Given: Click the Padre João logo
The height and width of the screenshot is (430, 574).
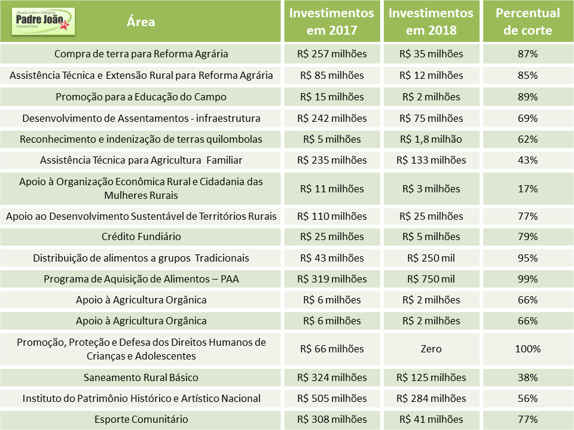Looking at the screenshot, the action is click(43, 21).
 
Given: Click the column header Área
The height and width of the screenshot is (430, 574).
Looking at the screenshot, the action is click(141, 22).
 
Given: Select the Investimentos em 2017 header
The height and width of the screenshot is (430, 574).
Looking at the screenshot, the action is click(332, 21).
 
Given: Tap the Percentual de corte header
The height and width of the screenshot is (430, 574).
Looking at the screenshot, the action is click(527, 21).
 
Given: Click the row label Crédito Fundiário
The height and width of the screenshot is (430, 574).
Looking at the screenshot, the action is click(141, 236).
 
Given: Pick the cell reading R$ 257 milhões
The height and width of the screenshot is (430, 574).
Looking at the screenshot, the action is click(332, 54).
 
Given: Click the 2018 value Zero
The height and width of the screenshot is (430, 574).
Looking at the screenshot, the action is click(431, 349).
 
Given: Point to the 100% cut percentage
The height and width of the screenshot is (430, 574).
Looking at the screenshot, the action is click(527, 349).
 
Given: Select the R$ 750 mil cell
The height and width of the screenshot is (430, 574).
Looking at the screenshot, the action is click(431, 279).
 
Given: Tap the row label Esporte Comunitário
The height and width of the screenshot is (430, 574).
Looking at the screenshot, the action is click(141, 419).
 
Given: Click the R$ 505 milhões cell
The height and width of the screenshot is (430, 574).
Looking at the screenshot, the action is click(332, 398).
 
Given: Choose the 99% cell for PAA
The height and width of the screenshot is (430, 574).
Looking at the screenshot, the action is click(527, 279).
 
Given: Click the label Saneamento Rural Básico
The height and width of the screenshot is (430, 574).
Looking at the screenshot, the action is click(141, 377).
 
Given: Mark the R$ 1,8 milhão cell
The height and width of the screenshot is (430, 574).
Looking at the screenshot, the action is click(431, 139).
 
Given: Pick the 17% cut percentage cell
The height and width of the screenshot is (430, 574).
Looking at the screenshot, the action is click(527, 189).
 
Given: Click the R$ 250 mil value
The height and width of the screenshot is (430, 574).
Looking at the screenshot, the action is click(431, 258).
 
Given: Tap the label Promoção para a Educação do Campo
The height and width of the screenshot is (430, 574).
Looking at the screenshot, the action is click(141, 97).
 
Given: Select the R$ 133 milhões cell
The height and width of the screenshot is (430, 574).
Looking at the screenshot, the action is click(431, 160).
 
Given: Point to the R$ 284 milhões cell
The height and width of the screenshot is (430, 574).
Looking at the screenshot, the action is click(431, 398).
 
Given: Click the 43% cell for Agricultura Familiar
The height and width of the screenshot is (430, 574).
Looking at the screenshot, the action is click(527, 160).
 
